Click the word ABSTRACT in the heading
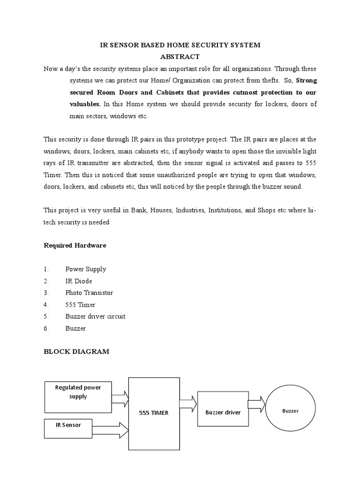180,57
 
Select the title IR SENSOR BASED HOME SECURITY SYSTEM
180,45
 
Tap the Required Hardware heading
75,245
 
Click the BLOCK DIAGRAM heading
76,352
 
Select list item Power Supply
86,269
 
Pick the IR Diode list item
79,281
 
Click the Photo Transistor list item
89,292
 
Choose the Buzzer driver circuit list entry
95,316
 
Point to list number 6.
46,328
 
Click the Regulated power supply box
78,397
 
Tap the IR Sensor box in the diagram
68,426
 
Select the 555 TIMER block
154,412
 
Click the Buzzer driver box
223,412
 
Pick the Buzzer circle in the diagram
290,411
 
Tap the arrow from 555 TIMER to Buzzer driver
188,403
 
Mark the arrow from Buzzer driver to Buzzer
256,404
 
